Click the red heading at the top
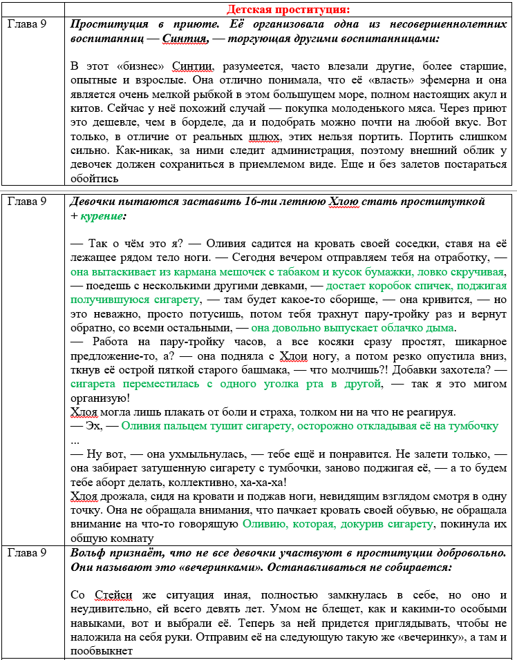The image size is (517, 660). (288, 9)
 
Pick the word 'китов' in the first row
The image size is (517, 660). (85, 108)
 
